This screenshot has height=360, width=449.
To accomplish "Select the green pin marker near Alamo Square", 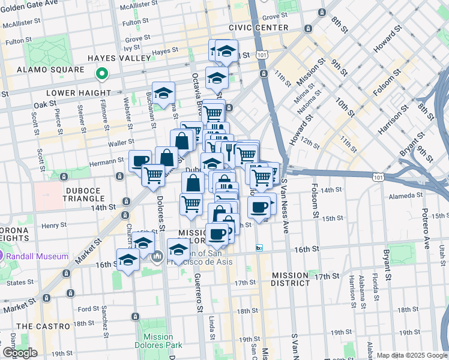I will pos(102,74).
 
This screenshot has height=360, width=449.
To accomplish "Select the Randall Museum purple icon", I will pos(11,256).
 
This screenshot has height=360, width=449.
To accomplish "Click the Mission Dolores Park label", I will pos(158,341).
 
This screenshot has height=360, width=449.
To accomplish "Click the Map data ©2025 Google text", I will pos(412,355).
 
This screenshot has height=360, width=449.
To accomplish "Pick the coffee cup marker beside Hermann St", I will pos(140,160).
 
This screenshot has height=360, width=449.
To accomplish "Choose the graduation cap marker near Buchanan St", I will pos(163,92).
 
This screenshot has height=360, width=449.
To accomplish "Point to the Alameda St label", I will pos(421,195).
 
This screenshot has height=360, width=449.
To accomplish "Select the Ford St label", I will pos(88,309).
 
